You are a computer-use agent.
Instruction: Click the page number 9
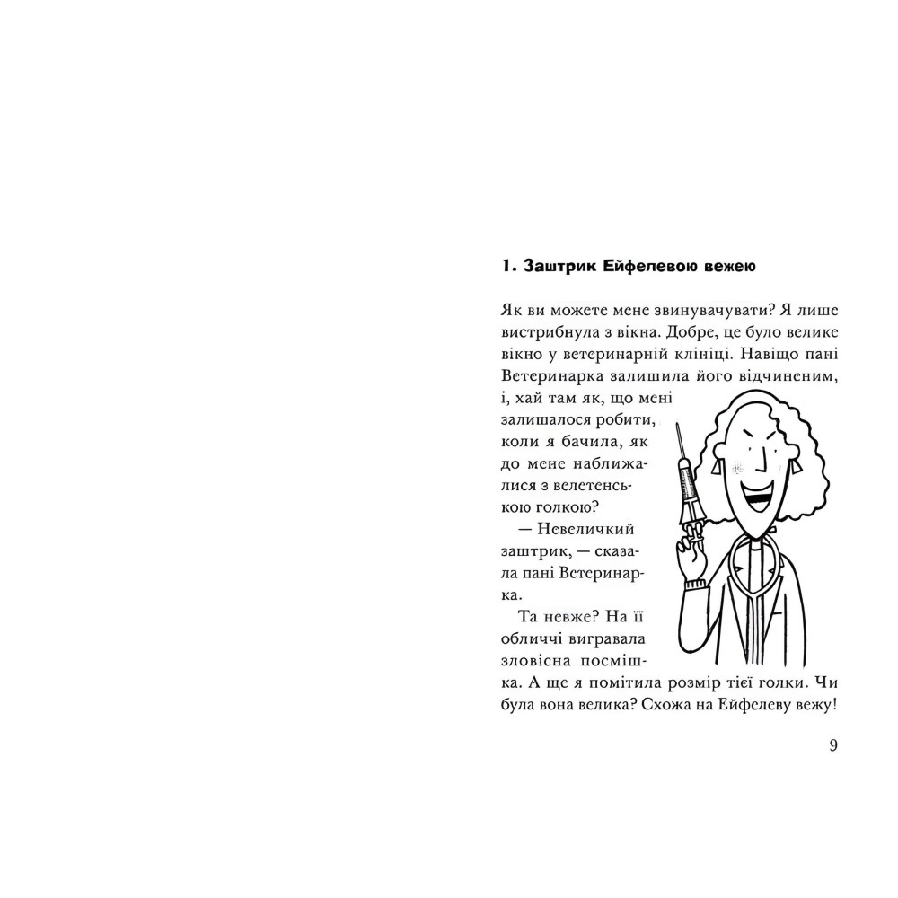833,745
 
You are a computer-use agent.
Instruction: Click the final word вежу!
814,702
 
